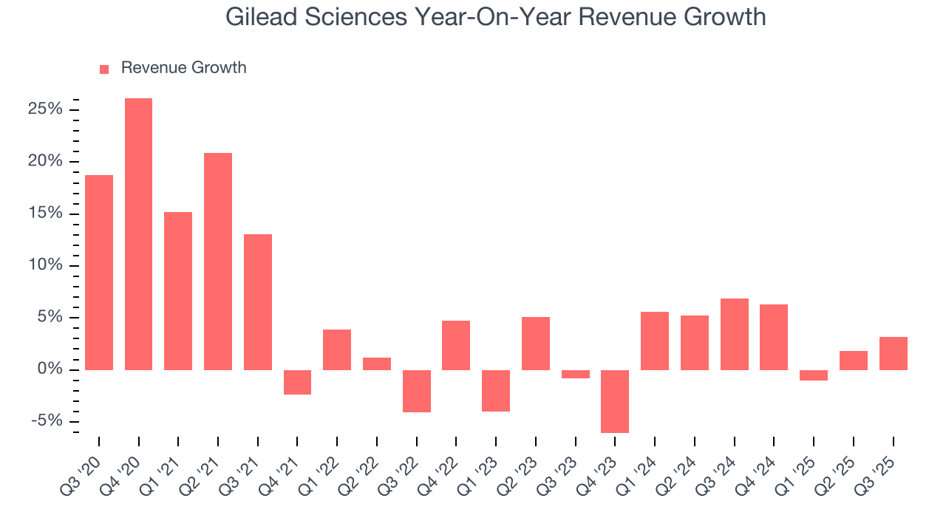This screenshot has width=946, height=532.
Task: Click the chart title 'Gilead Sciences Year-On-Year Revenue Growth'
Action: pos(495,17)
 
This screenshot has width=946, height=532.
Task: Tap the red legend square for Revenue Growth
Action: pos(104,69)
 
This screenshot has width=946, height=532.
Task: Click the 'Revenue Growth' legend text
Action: pos(183,68)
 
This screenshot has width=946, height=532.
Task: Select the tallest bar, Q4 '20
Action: pos(138,233)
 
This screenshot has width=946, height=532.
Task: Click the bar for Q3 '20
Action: pos(99,272)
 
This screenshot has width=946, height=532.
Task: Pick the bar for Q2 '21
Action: pos(218,261)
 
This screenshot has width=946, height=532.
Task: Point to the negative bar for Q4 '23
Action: pos(615,401)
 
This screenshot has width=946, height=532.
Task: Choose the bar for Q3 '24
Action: pos(734,334)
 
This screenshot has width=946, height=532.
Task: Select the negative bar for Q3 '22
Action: pos(416,391)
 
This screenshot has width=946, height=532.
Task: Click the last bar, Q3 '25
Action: pos(893,353)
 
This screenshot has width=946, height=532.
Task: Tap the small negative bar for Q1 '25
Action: pos(814,375)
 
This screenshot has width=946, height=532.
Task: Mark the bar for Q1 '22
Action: pos(337,349)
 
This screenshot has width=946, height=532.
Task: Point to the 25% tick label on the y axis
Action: pos(46,110)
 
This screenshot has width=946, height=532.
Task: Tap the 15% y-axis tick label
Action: pos(46,214)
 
